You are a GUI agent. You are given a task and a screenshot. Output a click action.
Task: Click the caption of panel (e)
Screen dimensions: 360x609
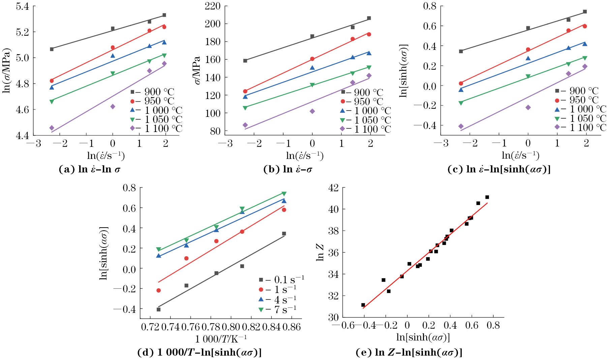pyautogui.click(x=409, y=353)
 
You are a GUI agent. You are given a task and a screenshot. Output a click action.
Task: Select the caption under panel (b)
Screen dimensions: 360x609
pyautogui.click(x=287, y=169)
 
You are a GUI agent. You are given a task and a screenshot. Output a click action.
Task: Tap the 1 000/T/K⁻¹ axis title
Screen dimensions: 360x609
pyautogui.click(x=221, y=338)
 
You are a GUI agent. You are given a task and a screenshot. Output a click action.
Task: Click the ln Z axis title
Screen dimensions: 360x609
pyautogui.click(x=320, y=252)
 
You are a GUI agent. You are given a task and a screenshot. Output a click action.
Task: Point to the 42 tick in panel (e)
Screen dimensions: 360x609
pyautogui.click(x=334, y=188)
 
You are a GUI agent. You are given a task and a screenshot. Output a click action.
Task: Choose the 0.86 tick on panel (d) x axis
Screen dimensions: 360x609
pyautogui.click(x=291, y=327)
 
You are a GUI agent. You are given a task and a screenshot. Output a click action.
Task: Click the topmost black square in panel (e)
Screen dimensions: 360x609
pyautogui.click(x=487, y=197)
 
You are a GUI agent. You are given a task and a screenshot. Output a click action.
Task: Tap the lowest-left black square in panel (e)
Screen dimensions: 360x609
pyautogui.click(x=363, y=305)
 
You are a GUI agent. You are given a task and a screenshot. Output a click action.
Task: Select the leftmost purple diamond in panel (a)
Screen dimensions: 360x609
pyautogui.click(x=52, y=128)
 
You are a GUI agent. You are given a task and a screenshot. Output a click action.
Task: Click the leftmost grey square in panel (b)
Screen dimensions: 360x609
pyautogui.click(x=245, y=61)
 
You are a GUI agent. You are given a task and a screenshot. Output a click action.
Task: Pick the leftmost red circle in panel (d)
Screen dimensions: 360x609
pyautogui.click(x=158, y=290)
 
